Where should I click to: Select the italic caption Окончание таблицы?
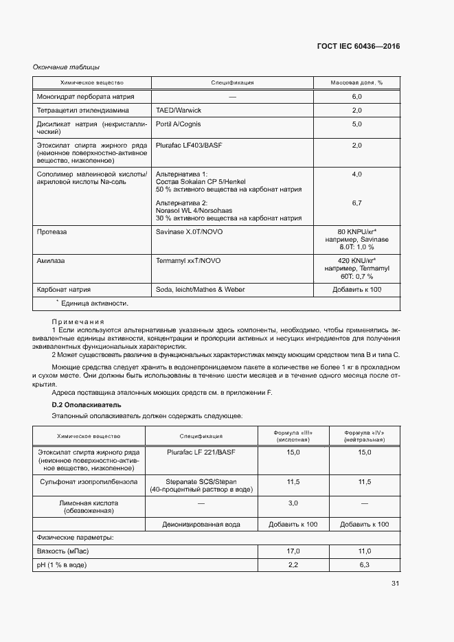(x=67, y=67)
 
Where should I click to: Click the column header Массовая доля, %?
(x=356, y=82)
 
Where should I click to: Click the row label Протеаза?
(x=52, y=232)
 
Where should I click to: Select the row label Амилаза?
(x=51, y=262)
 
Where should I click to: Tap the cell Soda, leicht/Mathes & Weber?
(x=201, y=290)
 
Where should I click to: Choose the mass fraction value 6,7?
(x=356, y=203)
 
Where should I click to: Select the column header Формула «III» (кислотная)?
(x=293, y=436)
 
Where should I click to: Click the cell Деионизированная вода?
(x=201, y=524)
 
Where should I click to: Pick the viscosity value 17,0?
(x=293, y=551)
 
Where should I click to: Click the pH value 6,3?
(x=364, y=564)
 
